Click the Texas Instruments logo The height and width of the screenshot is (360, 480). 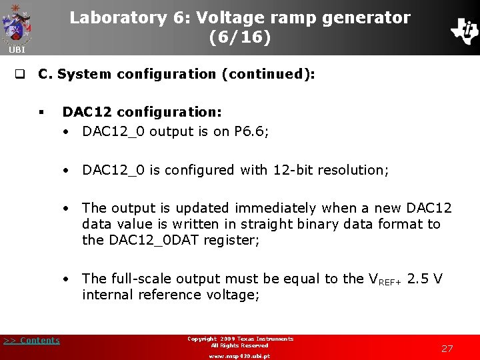point(464,30)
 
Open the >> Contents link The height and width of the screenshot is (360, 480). point(31,341)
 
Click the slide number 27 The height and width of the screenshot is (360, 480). point(447,348)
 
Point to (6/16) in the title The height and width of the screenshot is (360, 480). point(240,38)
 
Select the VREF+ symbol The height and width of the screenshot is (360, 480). point(385,279)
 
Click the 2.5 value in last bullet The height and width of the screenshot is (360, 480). point(417,279)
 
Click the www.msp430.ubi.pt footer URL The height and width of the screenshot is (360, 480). point(239,355)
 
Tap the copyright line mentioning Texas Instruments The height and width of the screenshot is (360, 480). point(239,339)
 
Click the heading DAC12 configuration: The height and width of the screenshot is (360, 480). point(142,113)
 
